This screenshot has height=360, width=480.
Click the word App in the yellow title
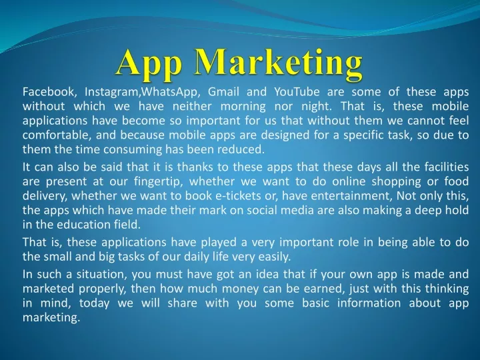pos(149,64)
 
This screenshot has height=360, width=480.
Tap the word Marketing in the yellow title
pos(279,64)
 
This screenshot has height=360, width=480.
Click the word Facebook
pos(49,91)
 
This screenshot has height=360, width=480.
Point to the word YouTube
pos(297,91)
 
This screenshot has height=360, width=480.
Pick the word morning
pos(243,107)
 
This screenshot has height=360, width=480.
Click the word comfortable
pos(57,135)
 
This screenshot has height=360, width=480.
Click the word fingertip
pos(158,182)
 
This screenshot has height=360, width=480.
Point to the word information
pos(369,303)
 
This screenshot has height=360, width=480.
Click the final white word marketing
pos(51,318)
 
